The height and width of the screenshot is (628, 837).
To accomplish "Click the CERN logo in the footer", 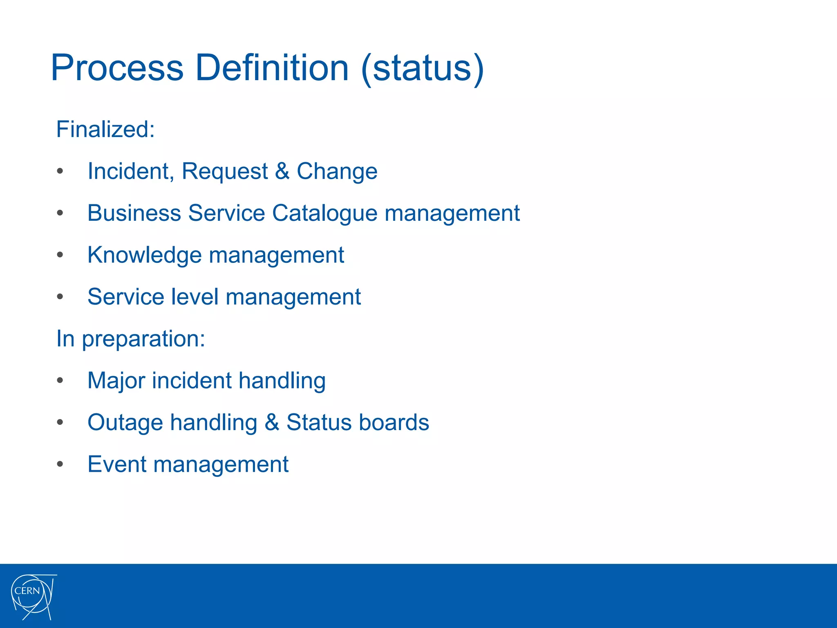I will point(33,596).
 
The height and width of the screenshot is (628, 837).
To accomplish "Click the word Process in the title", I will point(117,68).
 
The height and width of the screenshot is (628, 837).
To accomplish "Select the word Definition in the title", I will point(272,68).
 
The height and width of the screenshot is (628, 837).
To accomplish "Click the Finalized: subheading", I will point(105,129).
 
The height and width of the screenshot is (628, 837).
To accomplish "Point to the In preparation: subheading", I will point(130,339).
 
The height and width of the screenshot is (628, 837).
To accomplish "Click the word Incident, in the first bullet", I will point(131,171).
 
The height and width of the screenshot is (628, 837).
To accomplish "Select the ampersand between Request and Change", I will point(282,171).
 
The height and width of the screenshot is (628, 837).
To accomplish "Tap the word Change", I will point(337,171).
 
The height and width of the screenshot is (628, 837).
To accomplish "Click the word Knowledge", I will point(145,256).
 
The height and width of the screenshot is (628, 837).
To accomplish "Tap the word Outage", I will point(125,423).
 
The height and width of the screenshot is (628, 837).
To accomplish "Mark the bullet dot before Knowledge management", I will point(60,255).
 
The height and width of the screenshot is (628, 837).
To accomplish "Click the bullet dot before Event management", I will point(60,464).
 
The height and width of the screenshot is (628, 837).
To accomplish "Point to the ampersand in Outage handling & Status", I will point(272,422).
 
